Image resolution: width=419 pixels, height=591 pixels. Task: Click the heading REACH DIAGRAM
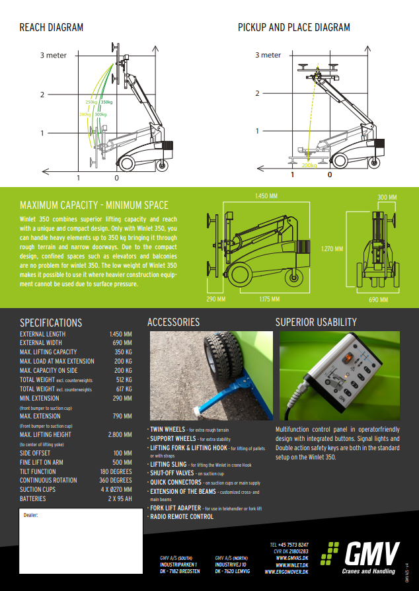point(52,28)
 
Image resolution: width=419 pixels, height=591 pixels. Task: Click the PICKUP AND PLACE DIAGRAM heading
point(294,28)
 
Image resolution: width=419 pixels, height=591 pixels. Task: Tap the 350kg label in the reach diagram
point(106,102)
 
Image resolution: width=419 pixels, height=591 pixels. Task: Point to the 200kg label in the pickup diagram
point(309,165)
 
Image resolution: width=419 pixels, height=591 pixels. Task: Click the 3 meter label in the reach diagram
point(54,56)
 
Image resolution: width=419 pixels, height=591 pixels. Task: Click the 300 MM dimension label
point(387,198)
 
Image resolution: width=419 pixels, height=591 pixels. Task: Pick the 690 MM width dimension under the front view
point(377,299)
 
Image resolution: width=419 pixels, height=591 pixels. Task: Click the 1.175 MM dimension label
point(269,299)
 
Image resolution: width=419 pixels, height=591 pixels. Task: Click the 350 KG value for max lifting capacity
point(123,352)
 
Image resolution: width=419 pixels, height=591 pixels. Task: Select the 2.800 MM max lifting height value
point(120,434)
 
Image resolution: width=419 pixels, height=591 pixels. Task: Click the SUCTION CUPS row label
point(39,489)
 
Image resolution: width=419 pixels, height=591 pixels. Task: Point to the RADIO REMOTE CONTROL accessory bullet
point(182,516)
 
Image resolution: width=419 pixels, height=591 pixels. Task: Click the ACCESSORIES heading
point(173,323)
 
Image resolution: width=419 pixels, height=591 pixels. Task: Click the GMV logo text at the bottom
point(370,553)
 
